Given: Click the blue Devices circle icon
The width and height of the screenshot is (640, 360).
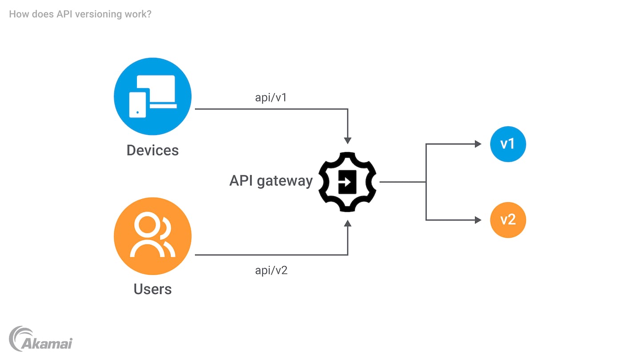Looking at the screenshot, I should (152, 97).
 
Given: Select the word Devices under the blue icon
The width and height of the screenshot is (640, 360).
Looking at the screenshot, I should (152, 150).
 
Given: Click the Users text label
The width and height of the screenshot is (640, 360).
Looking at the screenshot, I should (152, 289).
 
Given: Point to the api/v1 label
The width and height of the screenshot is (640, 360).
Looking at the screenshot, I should (271, 97).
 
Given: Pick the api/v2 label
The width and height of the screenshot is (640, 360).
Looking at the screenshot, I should (271, 270).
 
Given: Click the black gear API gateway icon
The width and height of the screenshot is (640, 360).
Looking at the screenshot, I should (348, 182).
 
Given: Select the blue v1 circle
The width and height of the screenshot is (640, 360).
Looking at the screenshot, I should (508, 144).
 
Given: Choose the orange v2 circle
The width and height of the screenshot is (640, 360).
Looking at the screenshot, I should (508, 220).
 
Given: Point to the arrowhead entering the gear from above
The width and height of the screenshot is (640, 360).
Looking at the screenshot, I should (348, 140).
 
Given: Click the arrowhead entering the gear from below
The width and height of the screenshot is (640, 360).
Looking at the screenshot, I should (348, 224).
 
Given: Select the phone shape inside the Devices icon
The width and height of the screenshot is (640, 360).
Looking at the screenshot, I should (137, 105).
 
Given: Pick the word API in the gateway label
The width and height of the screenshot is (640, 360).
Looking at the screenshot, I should (242, 181).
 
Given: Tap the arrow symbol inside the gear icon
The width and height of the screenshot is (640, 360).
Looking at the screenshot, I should (346, 182).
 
